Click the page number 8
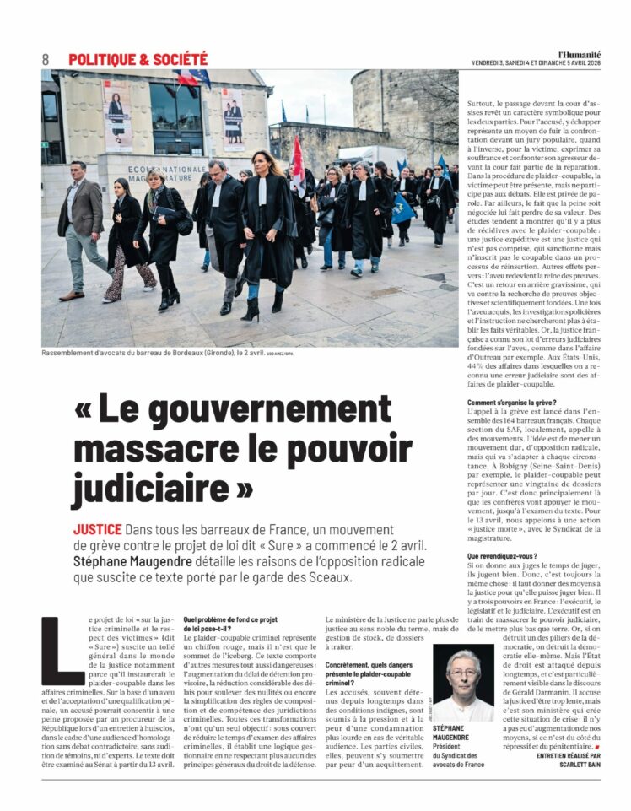pyautogui.click(x=46, y=59)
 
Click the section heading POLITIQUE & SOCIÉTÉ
pyautogui.click(x=138, y=59)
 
